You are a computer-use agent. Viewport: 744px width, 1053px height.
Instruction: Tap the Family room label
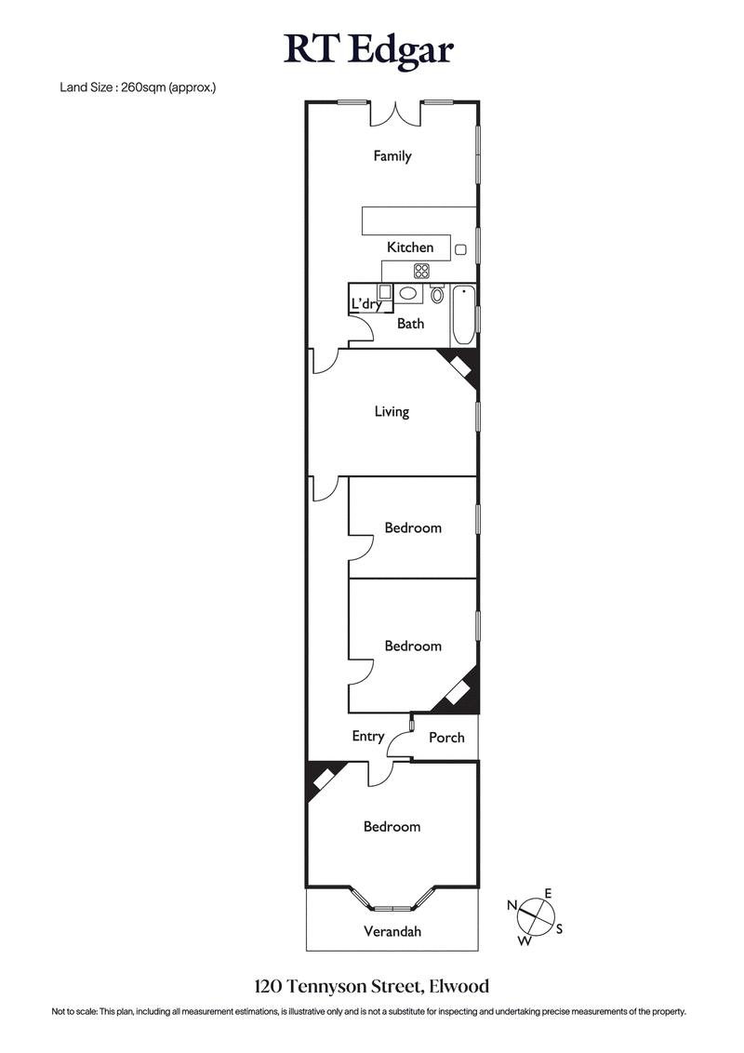(x=392, y=156)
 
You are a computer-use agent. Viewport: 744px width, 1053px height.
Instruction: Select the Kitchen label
(x=410, y=247)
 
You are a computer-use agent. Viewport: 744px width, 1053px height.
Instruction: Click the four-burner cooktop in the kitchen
(x=421, y=271)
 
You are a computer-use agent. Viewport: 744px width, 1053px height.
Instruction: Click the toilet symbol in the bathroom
(x=437, y=295)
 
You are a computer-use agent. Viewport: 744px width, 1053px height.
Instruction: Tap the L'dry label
(x=365, y=303)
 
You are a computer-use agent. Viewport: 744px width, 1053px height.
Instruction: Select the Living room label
(x=391, y=411)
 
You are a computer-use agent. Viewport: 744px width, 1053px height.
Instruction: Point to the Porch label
(x=445, y=738)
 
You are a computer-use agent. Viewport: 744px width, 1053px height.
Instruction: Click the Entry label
(x=368, y=736)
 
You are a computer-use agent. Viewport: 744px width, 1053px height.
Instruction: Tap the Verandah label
(x=392, y=931)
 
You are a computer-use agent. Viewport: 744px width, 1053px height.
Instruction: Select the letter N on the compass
(x=511, y=904)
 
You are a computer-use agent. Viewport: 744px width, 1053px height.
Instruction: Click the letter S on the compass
(x=560, y=928)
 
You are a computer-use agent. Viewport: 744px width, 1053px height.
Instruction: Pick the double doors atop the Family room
(x=396, y=113)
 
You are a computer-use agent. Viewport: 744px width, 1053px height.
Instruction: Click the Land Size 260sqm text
(x=137, y=87)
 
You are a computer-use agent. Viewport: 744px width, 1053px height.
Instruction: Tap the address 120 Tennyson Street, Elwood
(x=371, y=985)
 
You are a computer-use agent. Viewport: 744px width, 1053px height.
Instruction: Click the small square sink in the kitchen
(x=460, y=248)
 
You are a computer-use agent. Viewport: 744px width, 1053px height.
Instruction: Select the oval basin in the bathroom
(x=407, y=294)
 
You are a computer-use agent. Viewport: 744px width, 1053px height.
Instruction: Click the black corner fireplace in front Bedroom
(x=322, y=779)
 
